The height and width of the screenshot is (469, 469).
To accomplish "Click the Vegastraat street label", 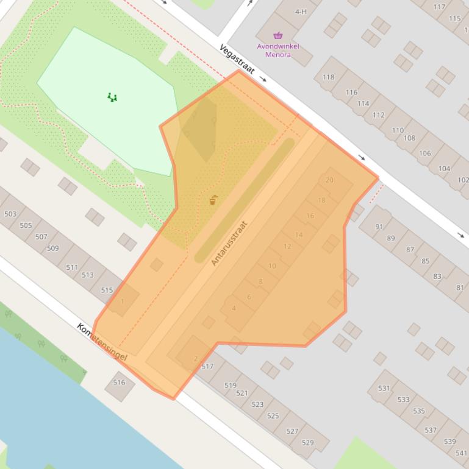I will click(237, 58).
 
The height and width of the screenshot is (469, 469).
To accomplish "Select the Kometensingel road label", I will click(102, 341).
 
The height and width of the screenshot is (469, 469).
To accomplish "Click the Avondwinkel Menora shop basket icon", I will click(278, 35).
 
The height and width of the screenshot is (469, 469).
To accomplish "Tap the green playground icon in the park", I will click(112, 97).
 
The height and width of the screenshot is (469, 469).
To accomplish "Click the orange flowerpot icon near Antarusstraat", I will click(213, 200).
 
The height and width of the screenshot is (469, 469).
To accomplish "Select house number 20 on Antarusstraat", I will click(330, 180).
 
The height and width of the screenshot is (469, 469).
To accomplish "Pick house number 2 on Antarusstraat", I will click(195, 358).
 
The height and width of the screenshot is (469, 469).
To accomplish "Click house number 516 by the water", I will click(119, 383).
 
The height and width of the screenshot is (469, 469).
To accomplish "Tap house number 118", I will click(328, 77).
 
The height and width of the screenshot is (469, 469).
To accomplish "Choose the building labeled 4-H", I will click(300, 12).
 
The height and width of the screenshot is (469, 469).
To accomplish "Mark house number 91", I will click(379, 227).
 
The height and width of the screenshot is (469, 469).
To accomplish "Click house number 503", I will click(10, 214).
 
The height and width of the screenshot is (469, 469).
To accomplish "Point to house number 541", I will click(461, 453).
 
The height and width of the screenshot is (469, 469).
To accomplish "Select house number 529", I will click(307, 442).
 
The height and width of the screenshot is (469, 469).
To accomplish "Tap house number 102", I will click(463, 180).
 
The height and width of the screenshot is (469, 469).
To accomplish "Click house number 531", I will click(384, 388).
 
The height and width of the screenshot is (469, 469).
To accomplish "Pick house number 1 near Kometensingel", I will click(123, 301).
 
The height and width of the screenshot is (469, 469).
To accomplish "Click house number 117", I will click(439, 7).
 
